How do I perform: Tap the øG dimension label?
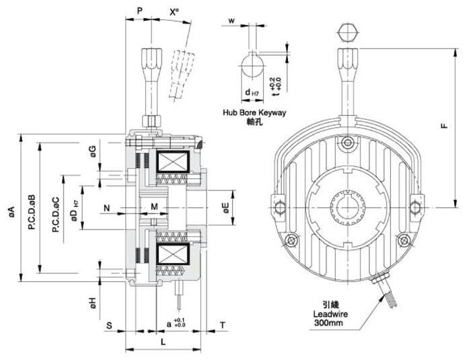[x=94, y=152]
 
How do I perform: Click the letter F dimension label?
[x=446, y=124]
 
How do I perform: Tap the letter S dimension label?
[x=108, y=325]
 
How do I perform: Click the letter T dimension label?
[x=221, y=325]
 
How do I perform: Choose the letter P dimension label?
[x=139, y=11]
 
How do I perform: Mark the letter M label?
[x=154, y=206]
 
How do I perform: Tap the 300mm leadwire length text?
[x=328, y=324]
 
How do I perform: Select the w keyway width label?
[x=231, y=20]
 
